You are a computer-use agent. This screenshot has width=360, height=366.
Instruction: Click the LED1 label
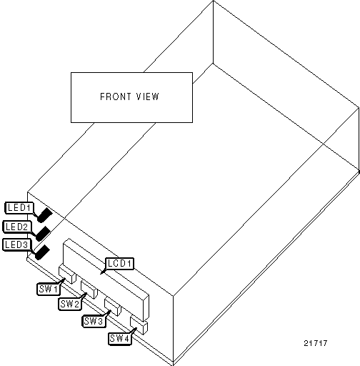tap(19, 208)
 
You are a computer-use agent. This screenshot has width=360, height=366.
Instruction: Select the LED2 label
tap(17, 227)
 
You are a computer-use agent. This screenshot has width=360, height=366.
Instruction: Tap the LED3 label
tap(16, 244)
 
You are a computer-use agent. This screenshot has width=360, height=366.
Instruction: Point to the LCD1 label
tap(119, 264)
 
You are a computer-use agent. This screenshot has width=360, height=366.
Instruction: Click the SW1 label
tap(49, 289)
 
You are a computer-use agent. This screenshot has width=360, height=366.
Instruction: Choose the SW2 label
tap(70, 304)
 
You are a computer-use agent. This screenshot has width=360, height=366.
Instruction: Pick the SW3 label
tap(94, 321)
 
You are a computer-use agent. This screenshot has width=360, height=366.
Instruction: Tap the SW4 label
tap(119, 338)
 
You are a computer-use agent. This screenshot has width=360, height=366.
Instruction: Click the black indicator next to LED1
tap(44, 215)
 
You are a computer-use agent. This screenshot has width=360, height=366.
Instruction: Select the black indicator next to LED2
tap(43, 234)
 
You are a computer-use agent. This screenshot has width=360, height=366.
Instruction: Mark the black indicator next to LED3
tap(42, 252)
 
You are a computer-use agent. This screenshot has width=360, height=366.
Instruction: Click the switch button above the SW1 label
tap(67, 274)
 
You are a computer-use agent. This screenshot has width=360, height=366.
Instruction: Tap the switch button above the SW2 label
tap(89, 290)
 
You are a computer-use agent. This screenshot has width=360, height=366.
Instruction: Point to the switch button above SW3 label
tap(113, 307)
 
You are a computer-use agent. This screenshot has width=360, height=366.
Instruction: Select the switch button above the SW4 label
tap(139, 325)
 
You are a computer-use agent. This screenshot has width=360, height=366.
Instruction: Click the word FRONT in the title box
tap(116, 97)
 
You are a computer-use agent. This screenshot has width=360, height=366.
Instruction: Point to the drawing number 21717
tap(316, 343)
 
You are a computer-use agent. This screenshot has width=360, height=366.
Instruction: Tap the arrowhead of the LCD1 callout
tap(102, 272)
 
